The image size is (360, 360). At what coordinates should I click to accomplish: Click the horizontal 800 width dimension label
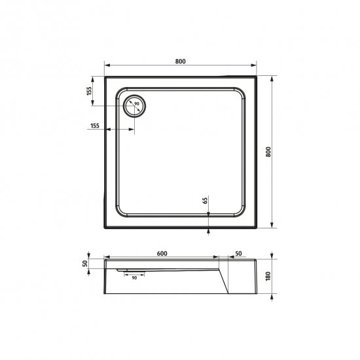point(181,61)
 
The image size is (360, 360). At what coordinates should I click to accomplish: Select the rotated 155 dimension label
point(88,92)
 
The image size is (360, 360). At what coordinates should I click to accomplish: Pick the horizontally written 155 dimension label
point(94,124)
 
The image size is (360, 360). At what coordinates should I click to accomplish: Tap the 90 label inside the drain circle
point(137,103)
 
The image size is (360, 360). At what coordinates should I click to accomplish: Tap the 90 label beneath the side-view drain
point(134,278)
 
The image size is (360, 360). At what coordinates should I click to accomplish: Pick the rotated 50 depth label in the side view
point(85,263)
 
